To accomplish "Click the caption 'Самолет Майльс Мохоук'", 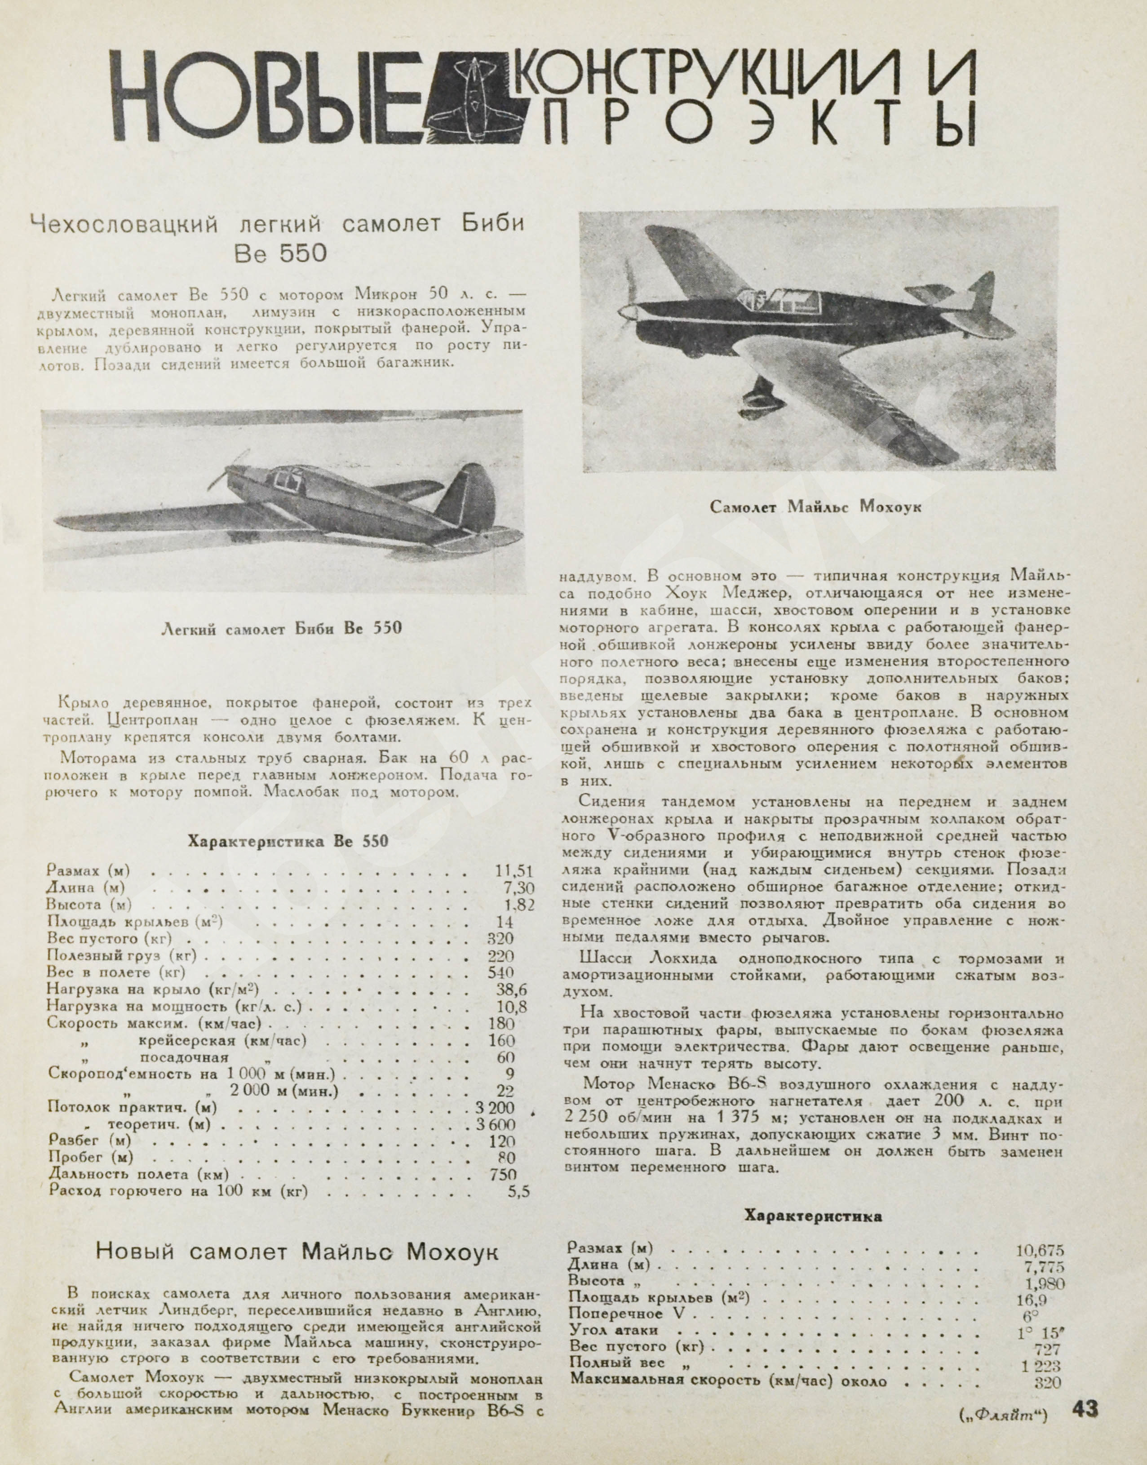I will pyautogui.click(x=815, y=507).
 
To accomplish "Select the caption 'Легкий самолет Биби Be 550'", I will pyautogui.click(x=282, y=628).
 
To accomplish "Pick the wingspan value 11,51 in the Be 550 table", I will pyautogui.click(x=513, y=871).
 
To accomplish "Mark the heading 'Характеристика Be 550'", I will pyautogui.click(x=288, y=841).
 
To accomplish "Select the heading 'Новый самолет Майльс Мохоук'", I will pyautogui.click(x=297, y=1252).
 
